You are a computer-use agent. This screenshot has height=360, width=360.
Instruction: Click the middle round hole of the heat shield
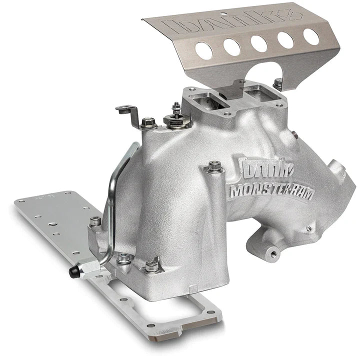click(x=258, y=42)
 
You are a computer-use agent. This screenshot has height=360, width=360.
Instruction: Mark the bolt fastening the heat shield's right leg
click(x=276, y=81)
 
